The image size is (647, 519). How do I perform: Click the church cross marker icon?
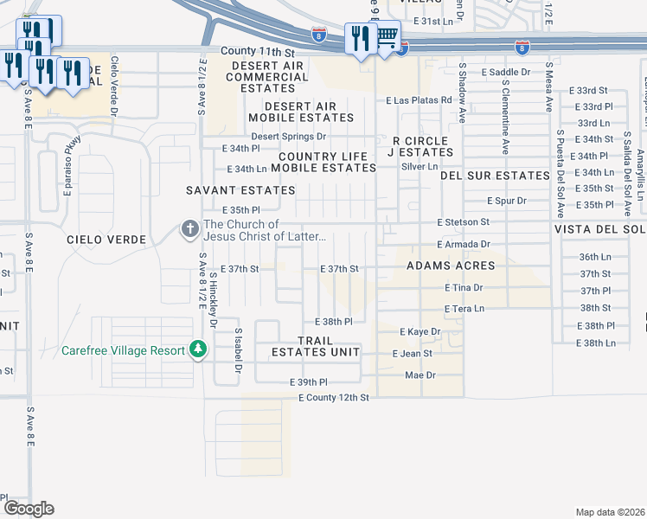tap(189, 229)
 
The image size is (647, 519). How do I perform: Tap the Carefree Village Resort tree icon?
tap(199, 349)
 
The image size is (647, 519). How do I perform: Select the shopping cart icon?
tap(387, 37)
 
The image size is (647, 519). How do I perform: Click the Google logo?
tap(28, 508)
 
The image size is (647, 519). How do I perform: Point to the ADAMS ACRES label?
tap(451, 266)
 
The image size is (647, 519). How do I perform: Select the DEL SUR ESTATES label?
tap(495, 176)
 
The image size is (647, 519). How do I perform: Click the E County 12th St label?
tap(334, 398)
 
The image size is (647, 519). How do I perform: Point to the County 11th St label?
tap(258, 52)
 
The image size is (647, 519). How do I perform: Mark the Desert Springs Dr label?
tap(288, 137)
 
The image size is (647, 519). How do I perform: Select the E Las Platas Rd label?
tap(419, 100)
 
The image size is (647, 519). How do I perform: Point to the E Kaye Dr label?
tap(420, 331)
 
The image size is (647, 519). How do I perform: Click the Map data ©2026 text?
tap(611, 512)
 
